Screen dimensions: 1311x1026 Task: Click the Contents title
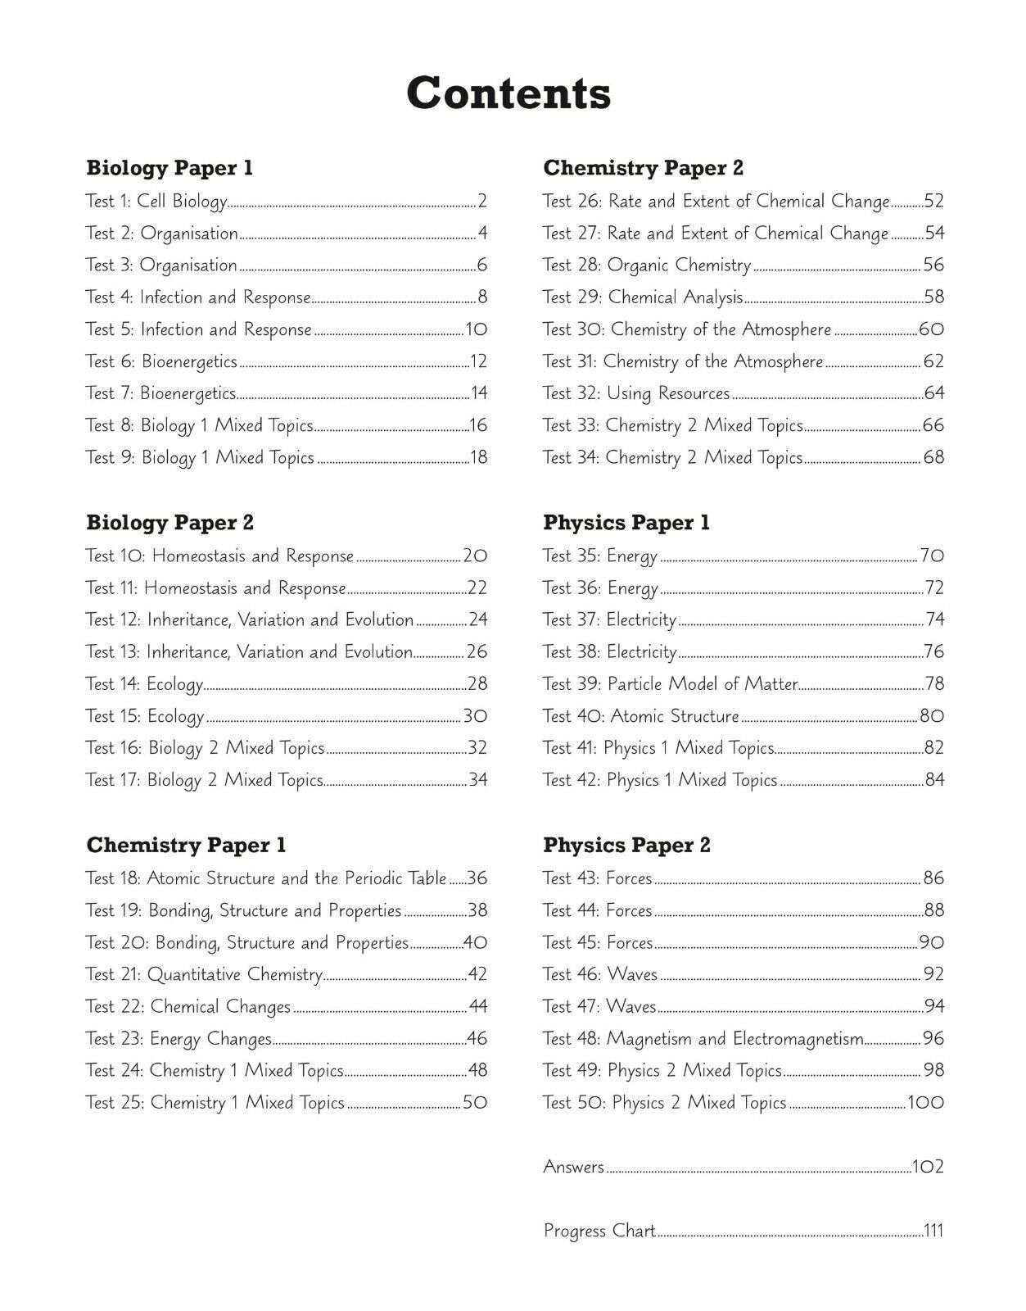[508, 93]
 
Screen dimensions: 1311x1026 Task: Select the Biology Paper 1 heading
[169, 168]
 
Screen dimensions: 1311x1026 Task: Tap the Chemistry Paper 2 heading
[643, 168]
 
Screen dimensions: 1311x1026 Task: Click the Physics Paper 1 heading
[626, 523]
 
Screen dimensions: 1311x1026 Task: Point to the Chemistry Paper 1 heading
[187, 845]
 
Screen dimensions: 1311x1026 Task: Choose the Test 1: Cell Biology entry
[156, 202]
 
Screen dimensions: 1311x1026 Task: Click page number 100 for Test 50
[925, 1103]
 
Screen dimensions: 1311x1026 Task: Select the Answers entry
[574, 1167]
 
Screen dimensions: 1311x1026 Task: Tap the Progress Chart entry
[599, 1231]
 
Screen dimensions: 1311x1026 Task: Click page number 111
[933, 1231]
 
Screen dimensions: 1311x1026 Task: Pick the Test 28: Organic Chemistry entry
[647, 265]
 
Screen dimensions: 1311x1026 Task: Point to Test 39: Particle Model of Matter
[670, 684]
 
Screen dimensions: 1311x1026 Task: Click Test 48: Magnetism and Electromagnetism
[703, 1039]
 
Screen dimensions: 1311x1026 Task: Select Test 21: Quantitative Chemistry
[204, 975]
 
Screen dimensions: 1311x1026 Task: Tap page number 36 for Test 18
[477, 878]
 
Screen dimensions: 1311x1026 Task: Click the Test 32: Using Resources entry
[636, 393]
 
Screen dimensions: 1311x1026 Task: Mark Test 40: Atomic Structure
[641, 716]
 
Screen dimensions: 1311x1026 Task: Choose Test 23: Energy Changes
[179, 1039]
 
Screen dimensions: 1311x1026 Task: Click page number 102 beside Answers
[927, 1167]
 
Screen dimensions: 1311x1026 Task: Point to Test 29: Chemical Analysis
[643, 297]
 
